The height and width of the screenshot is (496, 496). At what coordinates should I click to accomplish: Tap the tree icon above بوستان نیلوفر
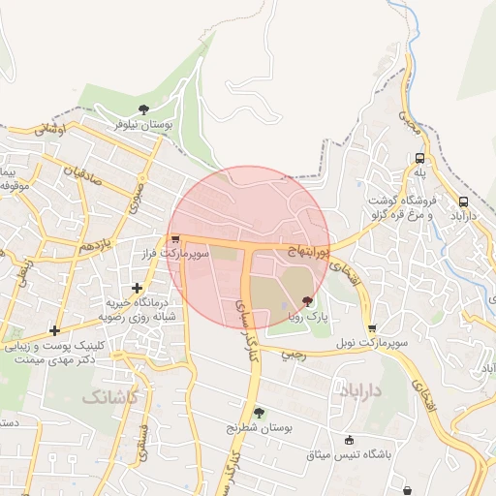tap(143, 109)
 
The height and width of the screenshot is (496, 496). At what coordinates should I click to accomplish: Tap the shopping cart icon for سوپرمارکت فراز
tap(174, 239)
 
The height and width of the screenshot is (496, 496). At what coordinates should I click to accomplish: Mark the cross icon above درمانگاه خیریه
tap(137, 288)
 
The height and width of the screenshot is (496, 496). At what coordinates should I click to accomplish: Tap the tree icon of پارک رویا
tap(307, 301)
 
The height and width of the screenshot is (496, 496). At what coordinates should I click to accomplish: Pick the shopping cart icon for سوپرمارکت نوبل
tap(372, 328)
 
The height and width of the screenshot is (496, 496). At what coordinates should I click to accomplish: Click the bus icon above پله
tap(419, 158)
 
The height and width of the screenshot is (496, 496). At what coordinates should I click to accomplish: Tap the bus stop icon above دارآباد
tap(462, 202)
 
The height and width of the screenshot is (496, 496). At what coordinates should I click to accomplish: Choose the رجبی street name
tap(292, 355)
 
